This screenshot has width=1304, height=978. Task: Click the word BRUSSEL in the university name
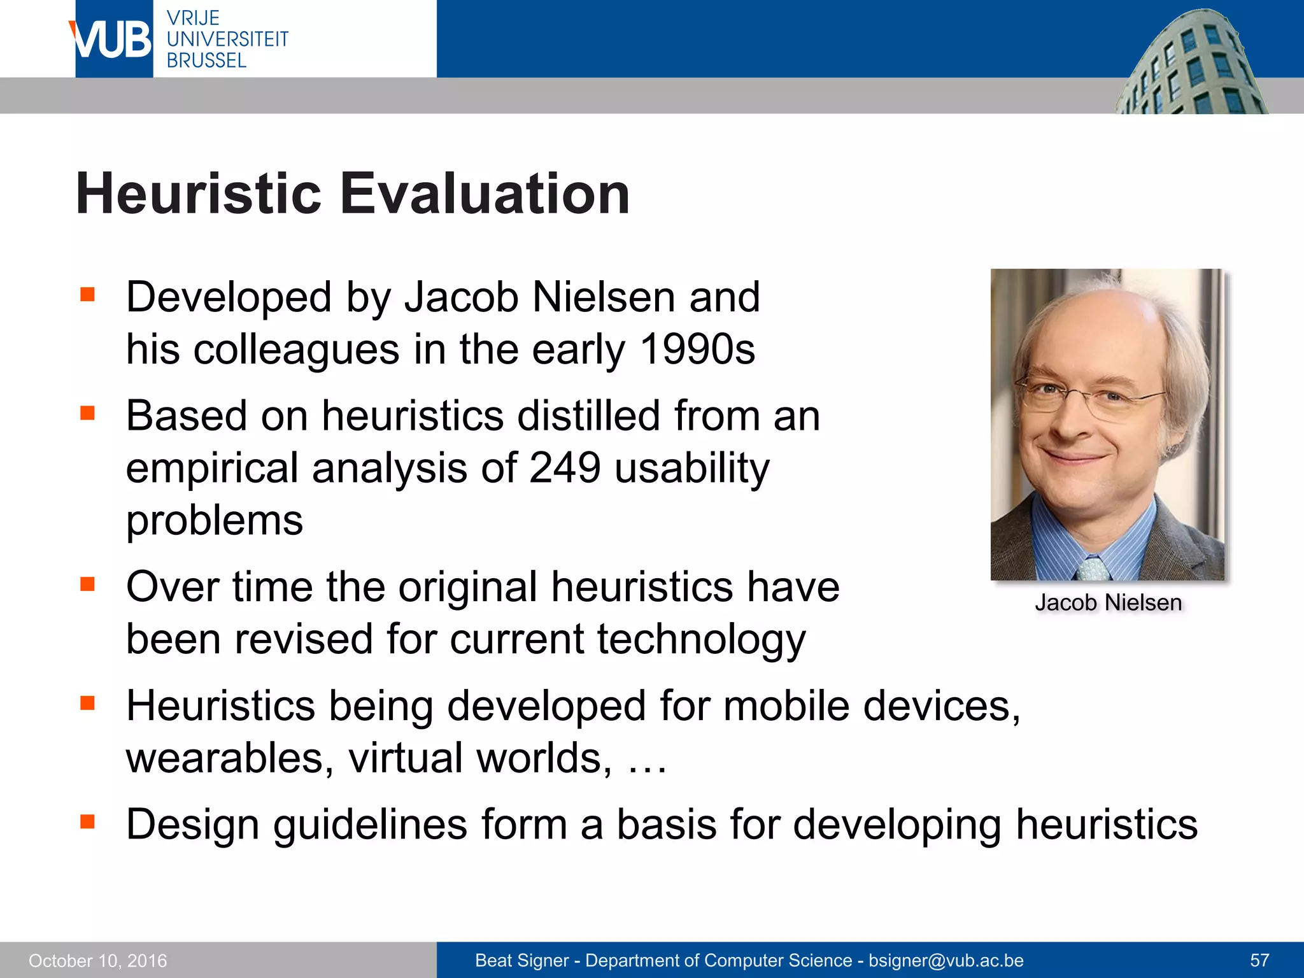tap(206, 60)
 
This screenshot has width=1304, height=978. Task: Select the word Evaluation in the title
tap(485, 194)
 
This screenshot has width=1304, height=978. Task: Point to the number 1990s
tap(697, 350)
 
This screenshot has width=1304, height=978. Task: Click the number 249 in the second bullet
tap(565, 468)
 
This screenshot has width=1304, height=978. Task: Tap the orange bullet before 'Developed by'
tap(87, 295)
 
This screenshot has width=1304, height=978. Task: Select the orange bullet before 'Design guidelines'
tap(87, 822)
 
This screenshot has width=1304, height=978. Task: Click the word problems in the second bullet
tap(215, 521)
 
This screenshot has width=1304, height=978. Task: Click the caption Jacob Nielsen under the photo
tap(1108, 602)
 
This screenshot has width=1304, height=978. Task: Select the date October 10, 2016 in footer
tap(97, 961)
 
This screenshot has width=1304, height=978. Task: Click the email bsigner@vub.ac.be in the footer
tap(946, 961)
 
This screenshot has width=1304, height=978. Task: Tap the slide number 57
tap(1259, 961)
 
